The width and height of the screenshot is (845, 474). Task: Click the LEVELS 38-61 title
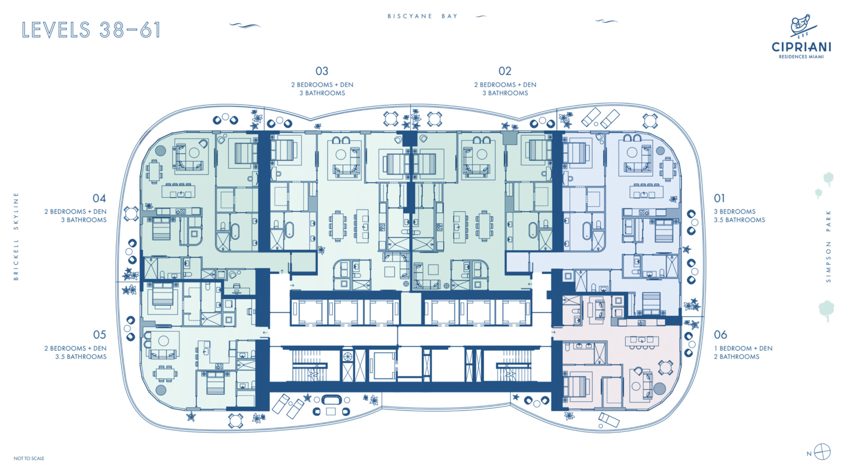point(91,30)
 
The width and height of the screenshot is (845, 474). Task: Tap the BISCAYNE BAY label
point(422,16)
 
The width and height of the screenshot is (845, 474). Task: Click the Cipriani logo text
point(801,47)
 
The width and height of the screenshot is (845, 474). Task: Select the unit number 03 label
point(322,71)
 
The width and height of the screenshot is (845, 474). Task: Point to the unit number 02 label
point(505,71)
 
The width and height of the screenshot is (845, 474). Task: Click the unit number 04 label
point(99,198)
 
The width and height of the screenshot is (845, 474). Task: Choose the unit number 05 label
point(99,335)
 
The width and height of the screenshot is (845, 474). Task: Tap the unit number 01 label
point(719,198)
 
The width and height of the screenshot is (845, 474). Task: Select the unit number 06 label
point(720,335)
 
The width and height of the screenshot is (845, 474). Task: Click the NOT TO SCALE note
point(29,458)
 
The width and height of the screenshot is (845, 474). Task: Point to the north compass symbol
point(822,452)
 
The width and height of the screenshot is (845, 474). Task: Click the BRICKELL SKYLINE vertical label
point(16,237)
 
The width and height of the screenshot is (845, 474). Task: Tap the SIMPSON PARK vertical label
point(828,246)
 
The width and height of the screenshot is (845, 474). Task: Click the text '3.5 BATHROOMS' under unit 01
point(739,220)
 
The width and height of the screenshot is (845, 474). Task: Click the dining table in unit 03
point(338,226)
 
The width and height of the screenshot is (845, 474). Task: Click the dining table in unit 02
point(484,226)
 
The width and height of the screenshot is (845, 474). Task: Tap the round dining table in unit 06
point(665,367)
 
